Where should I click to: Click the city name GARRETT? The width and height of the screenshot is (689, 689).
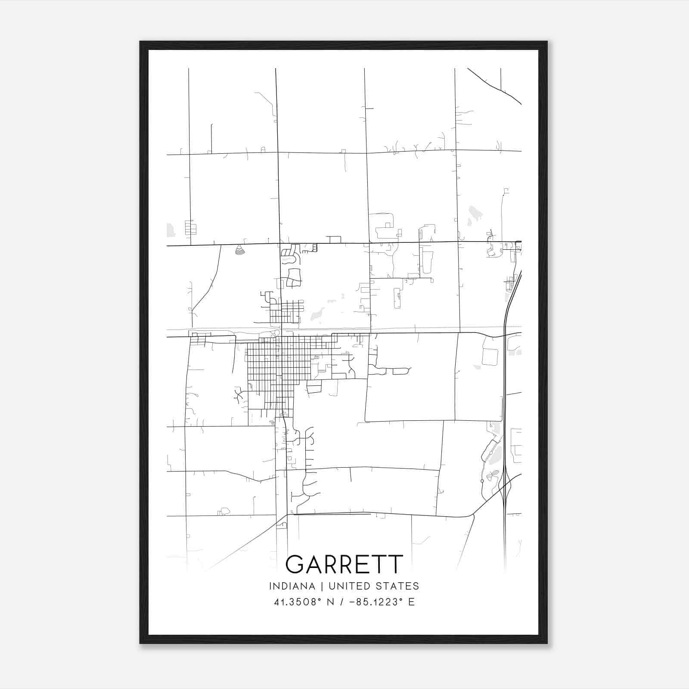click(344, 564)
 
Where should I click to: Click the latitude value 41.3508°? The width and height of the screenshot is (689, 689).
click(298, 602)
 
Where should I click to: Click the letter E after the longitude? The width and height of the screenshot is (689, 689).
click(412, 602)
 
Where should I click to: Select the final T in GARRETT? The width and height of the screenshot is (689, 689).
click(395, 564)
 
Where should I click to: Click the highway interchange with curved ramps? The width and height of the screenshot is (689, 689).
click(506, 489)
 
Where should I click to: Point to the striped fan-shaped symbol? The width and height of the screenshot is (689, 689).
click(240, 250)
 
